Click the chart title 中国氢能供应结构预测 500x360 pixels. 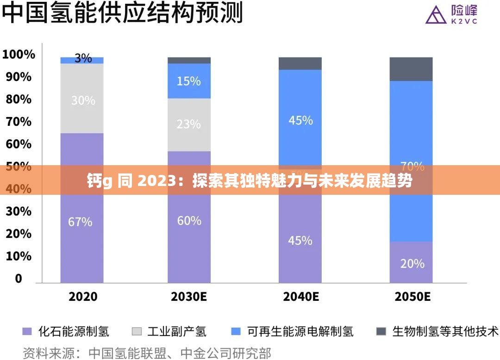(123, 14)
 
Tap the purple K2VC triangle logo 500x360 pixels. (433, 15)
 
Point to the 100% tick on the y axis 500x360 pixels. (19, 55)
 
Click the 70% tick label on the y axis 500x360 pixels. (19, 122)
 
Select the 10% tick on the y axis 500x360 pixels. (19, 256)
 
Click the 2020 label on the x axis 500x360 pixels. (83, 297)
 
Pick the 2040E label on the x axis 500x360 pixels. (300, 297)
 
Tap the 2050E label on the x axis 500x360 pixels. (412, 297)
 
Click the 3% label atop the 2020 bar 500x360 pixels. (83, 59)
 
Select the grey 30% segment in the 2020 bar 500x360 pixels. (82, 99)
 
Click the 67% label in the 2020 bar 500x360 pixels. (80, 222)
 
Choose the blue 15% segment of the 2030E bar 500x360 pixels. (189, 81)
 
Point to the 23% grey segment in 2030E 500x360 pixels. (189, 124)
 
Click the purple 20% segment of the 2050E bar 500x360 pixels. (412, 263)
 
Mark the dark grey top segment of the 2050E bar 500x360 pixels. (411, 69)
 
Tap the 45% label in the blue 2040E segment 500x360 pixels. (300, 121)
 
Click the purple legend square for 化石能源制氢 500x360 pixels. (27, 331)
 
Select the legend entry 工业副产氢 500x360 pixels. (176, 331)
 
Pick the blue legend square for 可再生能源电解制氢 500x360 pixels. (236, 331)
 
